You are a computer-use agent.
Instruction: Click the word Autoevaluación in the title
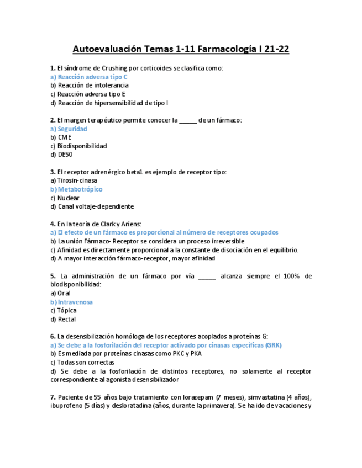(107, 49)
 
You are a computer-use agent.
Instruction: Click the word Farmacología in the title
(227, 49)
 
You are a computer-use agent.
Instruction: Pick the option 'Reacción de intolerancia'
(92, 86)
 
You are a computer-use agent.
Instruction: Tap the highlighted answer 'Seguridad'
(72, 129)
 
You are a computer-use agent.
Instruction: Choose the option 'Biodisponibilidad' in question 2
(82, 146)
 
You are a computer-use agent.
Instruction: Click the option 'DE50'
(65, 155)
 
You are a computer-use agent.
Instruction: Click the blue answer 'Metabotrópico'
(80, 189)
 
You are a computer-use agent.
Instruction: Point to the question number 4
(52, 224)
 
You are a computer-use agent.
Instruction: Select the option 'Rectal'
(66, 320)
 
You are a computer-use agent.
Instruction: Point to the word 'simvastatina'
(267, 397)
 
